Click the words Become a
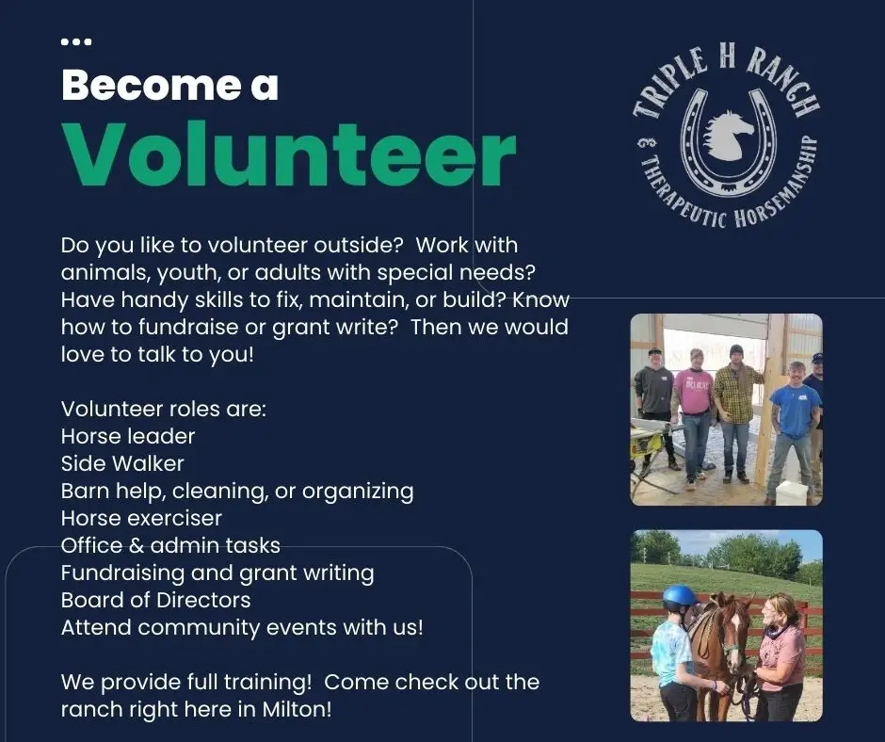pyautogui.click(x=169, y=87)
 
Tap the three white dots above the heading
pyautogui.click(x=75, y=41)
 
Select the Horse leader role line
pyautogui.click(x=128, y=437)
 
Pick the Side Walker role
pyautogui.click(x=122, y=463)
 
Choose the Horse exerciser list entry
pyautogui.click(x=141, y=518)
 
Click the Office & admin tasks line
pyautogui.click(x=170, y=545)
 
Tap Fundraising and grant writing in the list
pyautogui.click(x=217, y=573)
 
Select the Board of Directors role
pyautogui.click(x=155, y=600)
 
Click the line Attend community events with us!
pyautogui.click(x=242, y=627)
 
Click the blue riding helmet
pyautogui.click(x=679, y=597)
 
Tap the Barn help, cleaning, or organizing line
pyautogui.click(x=237, y=491)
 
